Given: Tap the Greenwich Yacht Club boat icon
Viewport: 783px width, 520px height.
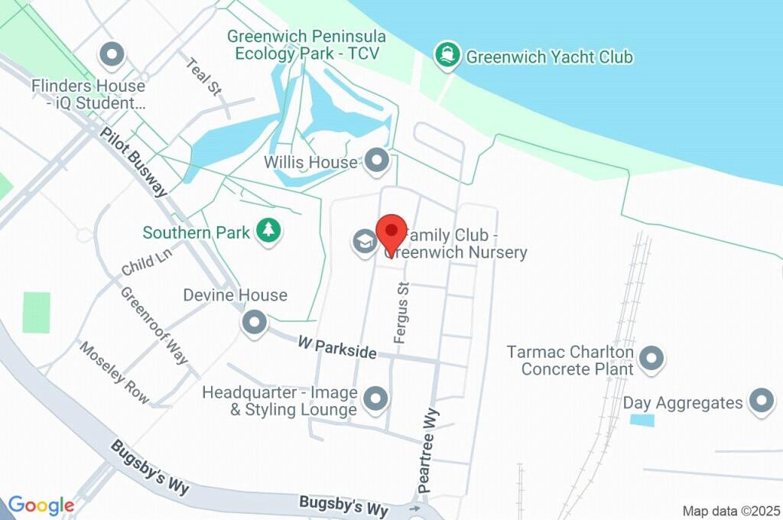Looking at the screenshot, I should [x=446, y=55].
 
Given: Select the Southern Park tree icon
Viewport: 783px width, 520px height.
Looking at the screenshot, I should [x=268, y=230].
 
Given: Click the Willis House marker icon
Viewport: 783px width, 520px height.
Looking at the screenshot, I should [x=376, y=161].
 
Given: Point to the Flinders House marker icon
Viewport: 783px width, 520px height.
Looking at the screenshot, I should [x=113, y=55].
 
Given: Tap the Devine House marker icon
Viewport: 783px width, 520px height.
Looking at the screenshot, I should [x=254, y=322].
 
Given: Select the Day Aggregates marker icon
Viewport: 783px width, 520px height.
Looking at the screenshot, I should [x=761, y=401].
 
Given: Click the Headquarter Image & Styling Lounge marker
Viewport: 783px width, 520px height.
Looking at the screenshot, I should [x=375, y=398].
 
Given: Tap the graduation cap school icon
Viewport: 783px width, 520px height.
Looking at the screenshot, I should [x=364, y=242].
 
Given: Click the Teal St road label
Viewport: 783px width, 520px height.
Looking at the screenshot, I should [x=203, y=76].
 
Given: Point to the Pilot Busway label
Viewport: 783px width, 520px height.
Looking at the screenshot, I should [x=134, y=161].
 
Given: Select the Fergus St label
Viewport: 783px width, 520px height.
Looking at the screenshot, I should [x=401, y=312].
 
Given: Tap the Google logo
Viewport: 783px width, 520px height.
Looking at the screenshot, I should [x=41, y=505].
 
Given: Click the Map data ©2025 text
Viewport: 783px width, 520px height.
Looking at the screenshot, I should [x=730, y=511].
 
